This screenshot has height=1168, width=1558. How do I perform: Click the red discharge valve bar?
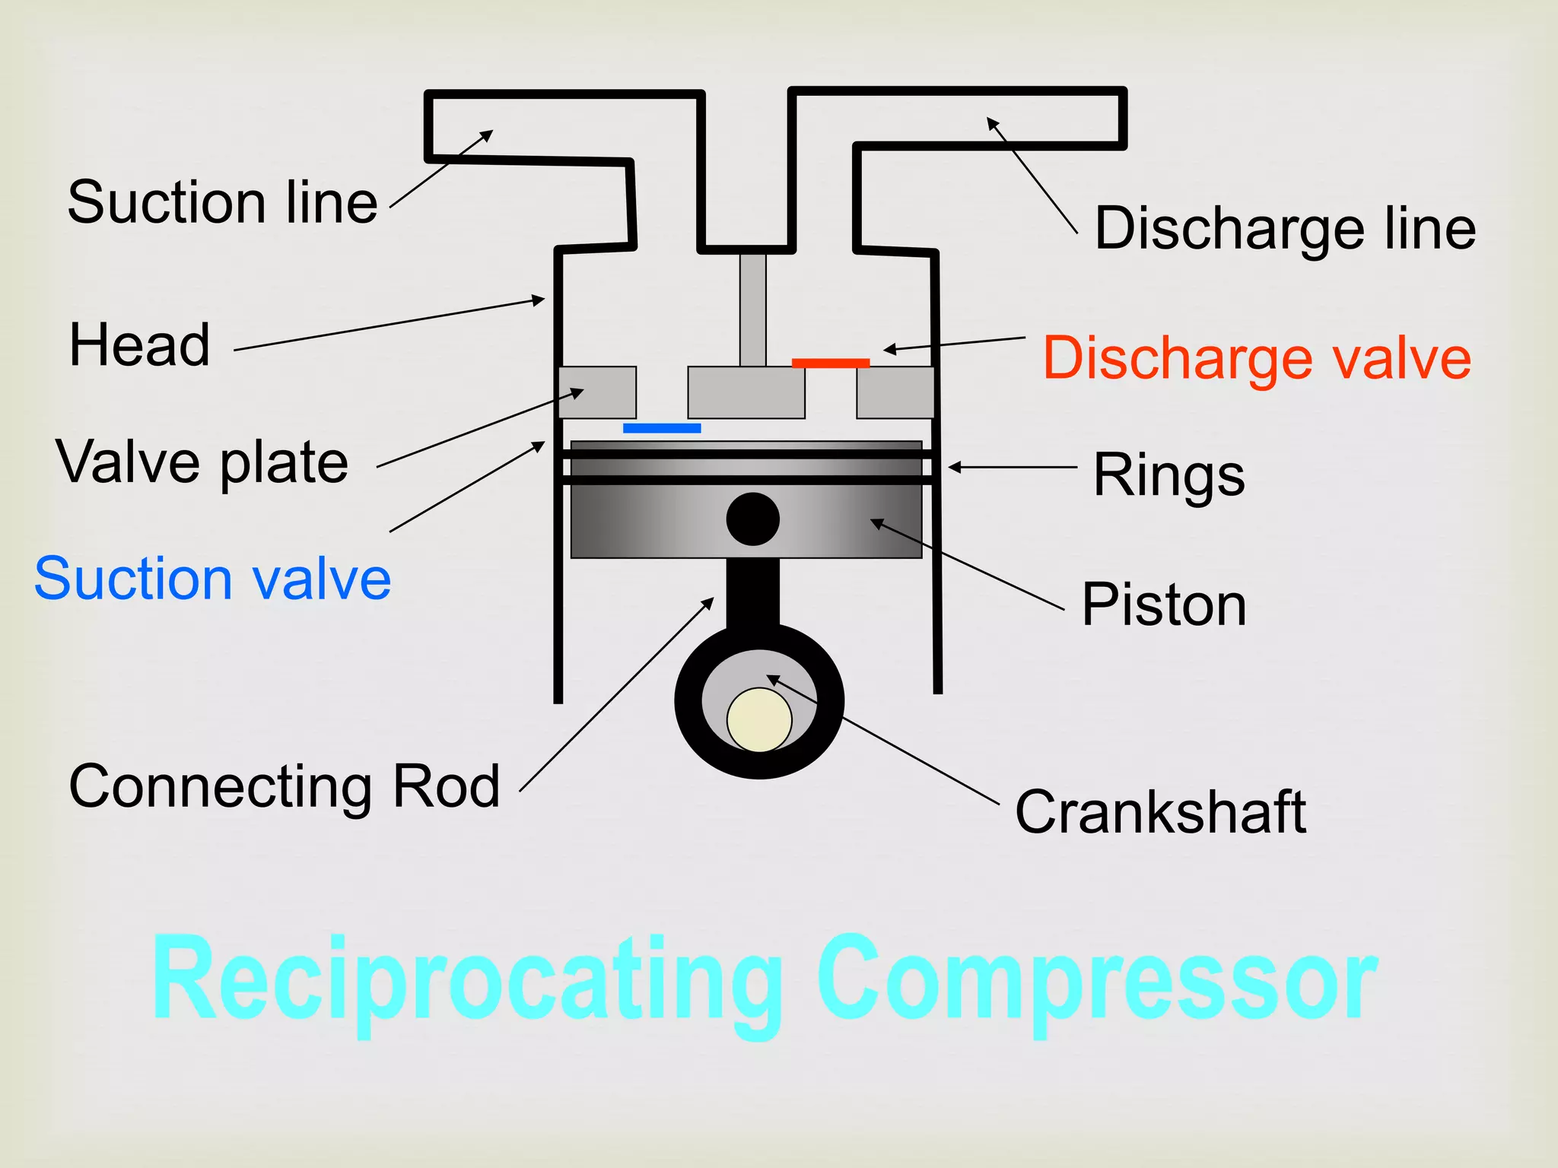[x=830, y=363]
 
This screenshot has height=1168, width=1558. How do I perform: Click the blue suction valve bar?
[x=662, y=428]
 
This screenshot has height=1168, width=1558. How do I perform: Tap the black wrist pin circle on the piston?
[x=752, y=519]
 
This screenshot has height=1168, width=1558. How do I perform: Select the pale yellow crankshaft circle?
[x=759, y=719]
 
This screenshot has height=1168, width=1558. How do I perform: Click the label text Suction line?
[x=222, y=202]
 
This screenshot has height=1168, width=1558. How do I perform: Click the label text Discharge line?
[x=1285, y=228]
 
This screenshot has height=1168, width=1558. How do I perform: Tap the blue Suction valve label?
[x=213, y=579]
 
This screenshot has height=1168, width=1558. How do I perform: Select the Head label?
[x=139, y=344]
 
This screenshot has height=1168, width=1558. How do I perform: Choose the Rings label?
[x=1168, y=475]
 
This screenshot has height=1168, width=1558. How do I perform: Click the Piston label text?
[x=1164, y=605]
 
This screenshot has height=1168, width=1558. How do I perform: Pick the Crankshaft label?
[x=1160, y=812]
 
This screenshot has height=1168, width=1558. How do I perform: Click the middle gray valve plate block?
[x=746, y=392]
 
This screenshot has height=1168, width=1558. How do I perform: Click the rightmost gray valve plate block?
[x=895, y=392]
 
